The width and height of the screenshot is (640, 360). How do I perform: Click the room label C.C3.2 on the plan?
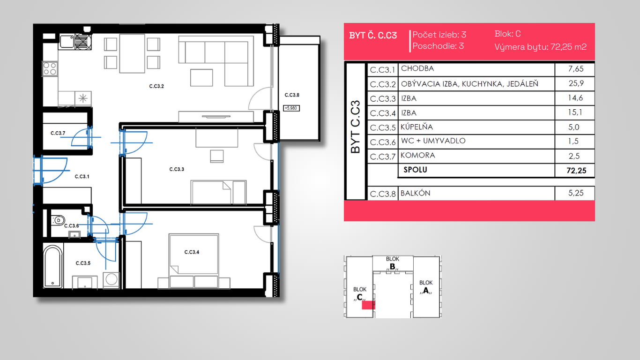click(x=156, y=86)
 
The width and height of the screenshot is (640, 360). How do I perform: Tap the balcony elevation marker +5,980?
click(x=291, y=108)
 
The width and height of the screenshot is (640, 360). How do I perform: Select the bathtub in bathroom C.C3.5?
click(x=53, y=267)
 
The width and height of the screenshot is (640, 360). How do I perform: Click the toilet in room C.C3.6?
click(x=58, y=220)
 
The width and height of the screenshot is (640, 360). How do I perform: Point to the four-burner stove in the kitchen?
click(x=50, y=69)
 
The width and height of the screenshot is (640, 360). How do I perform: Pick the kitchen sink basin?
click(x=67, y=42)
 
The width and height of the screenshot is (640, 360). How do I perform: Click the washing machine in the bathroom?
click(x=112, y=280)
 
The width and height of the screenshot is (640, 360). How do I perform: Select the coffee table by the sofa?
click(x=201, y=77)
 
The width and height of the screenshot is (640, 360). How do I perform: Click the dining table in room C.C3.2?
click(x=132, y=53)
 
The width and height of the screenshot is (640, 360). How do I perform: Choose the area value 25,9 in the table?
click(x=576, y=83)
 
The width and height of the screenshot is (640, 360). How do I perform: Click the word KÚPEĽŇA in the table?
click(x=417, y=127)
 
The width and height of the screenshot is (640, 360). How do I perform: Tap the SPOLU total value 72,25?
click(x=576, y=171)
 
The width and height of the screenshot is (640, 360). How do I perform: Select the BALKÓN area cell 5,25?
click(x=576, y=193)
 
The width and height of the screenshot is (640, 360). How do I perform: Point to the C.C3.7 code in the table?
click(x=383, y=157)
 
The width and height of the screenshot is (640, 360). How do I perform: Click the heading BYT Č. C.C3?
click(x=373, y=36)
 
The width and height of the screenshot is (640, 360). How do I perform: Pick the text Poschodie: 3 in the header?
click(x=438, y=46)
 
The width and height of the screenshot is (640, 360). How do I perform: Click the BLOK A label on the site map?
click(x=426, y=287)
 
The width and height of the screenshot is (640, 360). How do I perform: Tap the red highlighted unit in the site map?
click(x=368, y=305)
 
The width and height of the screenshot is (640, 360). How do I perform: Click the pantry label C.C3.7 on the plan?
click(x=58, y=133)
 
